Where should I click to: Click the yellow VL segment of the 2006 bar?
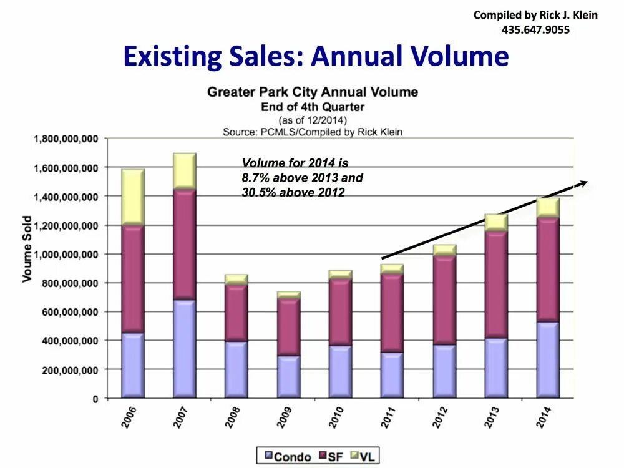[x=133, y=197]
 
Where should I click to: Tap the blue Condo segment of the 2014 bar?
[x=547, y=359]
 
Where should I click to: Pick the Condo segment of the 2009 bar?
[x=288, y=376]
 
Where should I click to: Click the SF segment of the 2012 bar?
[x=445, y=300]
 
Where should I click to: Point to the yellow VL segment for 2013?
[x=496, y=223]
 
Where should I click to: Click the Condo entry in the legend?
[x=288, y=456]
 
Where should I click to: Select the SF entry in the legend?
[x=332, y=456]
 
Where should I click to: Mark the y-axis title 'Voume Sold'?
[x=27, y=248]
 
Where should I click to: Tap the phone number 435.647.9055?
[x=535, y=29]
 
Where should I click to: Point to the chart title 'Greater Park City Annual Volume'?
[x=312, y=92]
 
